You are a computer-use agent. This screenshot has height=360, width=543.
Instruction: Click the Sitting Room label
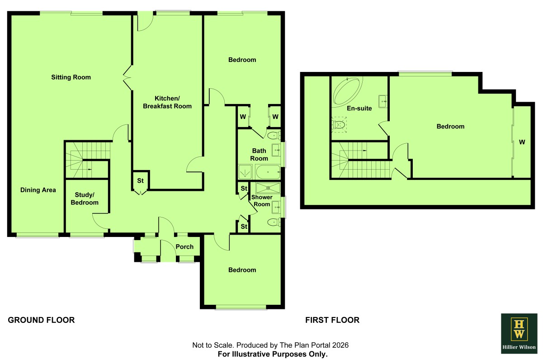pyautogui.click(x=71, y=77)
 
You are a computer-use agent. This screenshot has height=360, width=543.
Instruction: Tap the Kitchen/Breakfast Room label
pyautogui.click(x=167, y=102)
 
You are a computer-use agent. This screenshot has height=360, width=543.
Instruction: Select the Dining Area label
pyautogui.click(x=38, y=190)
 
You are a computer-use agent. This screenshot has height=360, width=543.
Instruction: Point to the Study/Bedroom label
pyautogui.click(x=85, y=199)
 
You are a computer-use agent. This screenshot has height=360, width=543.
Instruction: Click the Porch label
pyautogui.click(x=184, y=247)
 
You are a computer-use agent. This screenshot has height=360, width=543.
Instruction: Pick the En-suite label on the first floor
pyautogui.click(x=359, y=109)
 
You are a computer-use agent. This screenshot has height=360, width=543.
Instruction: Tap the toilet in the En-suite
pyautogui.click(x=338, y=125)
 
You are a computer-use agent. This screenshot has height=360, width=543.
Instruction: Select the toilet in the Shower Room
pyautogui.click(x=274, y=222)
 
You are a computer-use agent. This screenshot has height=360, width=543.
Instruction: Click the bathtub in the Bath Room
pyautogui.click(x=268, y=172)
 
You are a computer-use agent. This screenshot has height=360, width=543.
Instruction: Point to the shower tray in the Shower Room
pyautogui.click(x=268, y=188)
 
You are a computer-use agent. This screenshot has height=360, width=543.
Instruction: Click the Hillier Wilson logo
pyautogui.click(x=519, y=333)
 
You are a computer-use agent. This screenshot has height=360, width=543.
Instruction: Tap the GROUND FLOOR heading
pyautogui.click(x=41, y=320)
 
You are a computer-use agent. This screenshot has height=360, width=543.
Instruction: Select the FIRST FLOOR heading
pyautogui.click(x=332, y=320)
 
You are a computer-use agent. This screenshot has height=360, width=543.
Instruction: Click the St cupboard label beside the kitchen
pyautogui.click(x=140, y=180)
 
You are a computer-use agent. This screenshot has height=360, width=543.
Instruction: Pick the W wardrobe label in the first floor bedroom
pyautogui.click(x=522, y=142)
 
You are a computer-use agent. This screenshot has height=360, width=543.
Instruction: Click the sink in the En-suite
pyautogui.click(x=382, y=102)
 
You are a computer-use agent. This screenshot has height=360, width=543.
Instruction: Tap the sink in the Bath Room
pyautogui.click(x=276, y=150)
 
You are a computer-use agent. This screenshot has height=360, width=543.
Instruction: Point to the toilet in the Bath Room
pyautogui.click(x=274, y=135)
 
